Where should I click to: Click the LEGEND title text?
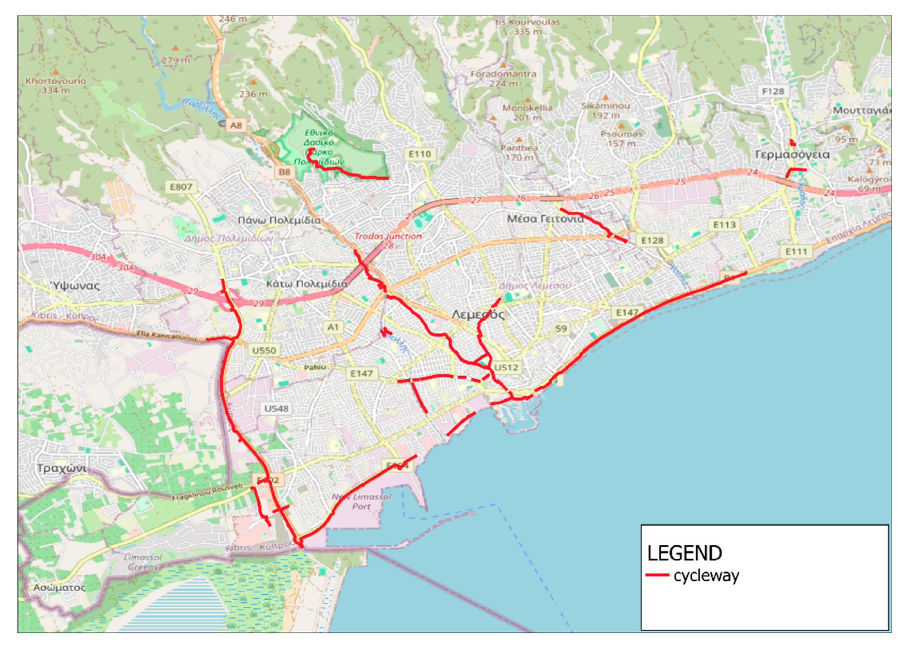click(684, 553)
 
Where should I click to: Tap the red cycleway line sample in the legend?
click(657, 575)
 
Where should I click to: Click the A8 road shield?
click(236, 125)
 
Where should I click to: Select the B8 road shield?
click(284, 172)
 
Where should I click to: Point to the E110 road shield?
click(420, 154)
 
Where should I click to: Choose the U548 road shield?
click(276, 408)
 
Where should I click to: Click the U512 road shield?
click(505, 367)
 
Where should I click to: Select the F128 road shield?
click(772, 91)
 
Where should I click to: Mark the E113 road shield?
click(724, 225)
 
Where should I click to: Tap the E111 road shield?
click(796, 251)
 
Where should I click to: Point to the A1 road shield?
click(333, 327)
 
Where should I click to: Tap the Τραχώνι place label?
click(62, 468)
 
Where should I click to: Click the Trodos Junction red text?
click(388, 236)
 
